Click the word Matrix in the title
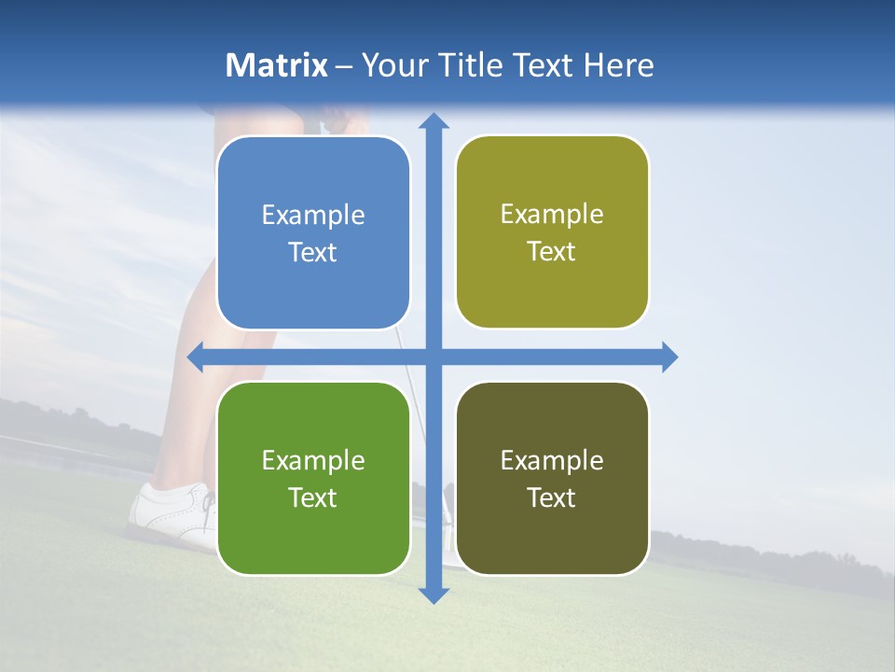277,65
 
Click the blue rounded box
313,233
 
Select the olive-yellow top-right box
552,232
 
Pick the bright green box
313,479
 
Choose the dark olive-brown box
552,479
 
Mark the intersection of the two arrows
433,357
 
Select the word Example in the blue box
313,216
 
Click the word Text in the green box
313,497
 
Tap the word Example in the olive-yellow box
552,215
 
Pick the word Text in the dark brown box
552,497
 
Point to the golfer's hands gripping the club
340,119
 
